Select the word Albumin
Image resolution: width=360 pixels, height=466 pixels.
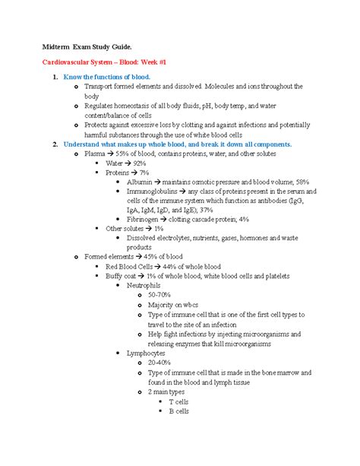(x=141, y=182)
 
